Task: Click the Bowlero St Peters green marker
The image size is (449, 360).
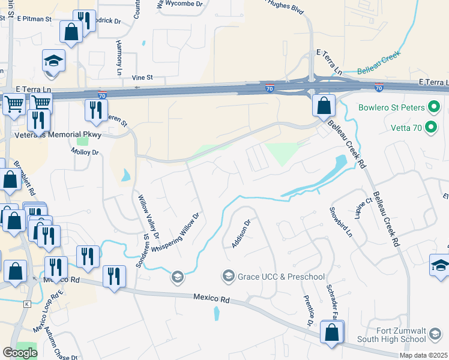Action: point(435,109)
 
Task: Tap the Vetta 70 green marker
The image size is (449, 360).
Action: point(430,127)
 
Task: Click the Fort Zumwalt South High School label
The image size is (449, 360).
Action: point(408,335)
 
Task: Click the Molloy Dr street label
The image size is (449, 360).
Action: point(86,153)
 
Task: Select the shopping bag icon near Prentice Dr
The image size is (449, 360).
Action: point(331,332)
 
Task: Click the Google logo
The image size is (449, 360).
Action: point(20,353)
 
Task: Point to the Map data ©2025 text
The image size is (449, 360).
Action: point(423,355)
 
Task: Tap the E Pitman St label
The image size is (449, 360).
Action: point(34,19)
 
